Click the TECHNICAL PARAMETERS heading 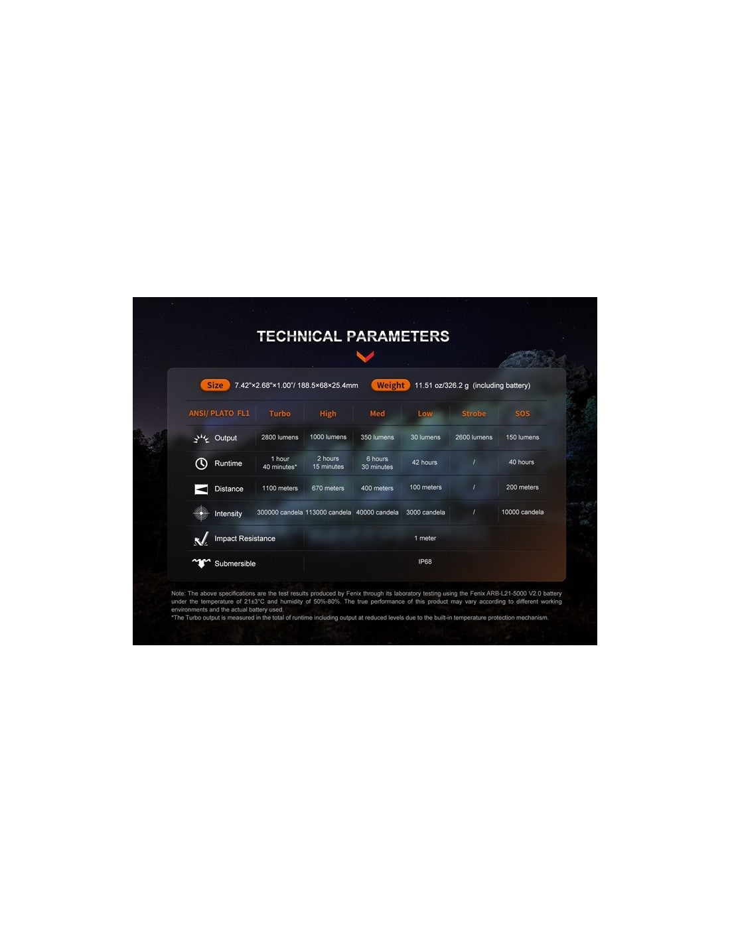353,336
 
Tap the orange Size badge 215,385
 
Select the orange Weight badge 390,385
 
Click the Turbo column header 279,414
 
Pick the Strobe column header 474,414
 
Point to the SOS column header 522,414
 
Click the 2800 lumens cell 279,438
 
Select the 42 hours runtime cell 425,463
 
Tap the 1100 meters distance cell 279,489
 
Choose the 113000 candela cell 328,513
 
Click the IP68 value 425,562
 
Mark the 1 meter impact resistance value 425,538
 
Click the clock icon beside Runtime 201,464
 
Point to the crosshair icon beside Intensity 201,513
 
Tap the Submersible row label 235,564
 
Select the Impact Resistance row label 244,538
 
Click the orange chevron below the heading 365,357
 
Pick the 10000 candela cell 522,513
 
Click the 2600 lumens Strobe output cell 474,438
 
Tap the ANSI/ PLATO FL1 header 219,414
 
